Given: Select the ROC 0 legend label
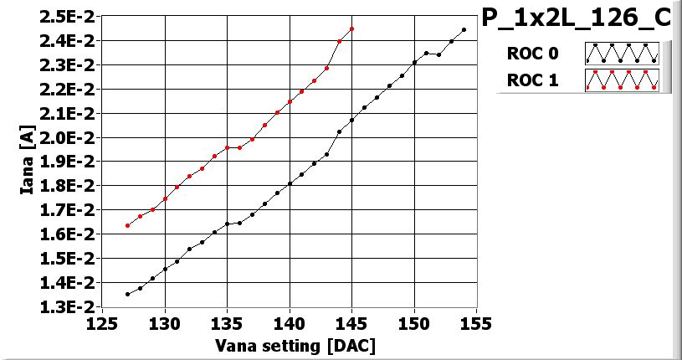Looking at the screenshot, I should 531,54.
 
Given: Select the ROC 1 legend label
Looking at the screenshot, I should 531,80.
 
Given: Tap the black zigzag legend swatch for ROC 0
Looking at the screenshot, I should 622,54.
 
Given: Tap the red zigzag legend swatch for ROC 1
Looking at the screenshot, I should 622,80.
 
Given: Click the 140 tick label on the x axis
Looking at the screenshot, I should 290,323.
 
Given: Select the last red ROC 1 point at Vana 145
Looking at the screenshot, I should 351,28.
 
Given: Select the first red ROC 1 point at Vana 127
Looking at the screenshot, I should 128,225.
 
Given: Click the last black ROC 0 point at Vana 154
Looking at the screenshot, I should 464,29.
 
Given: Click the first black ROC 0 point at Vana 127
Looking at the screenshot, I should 128,294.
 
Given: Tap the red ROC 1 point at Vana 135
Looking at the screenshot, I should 227,147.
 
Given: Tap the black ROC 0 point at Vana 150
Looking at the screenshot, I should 414,62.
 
